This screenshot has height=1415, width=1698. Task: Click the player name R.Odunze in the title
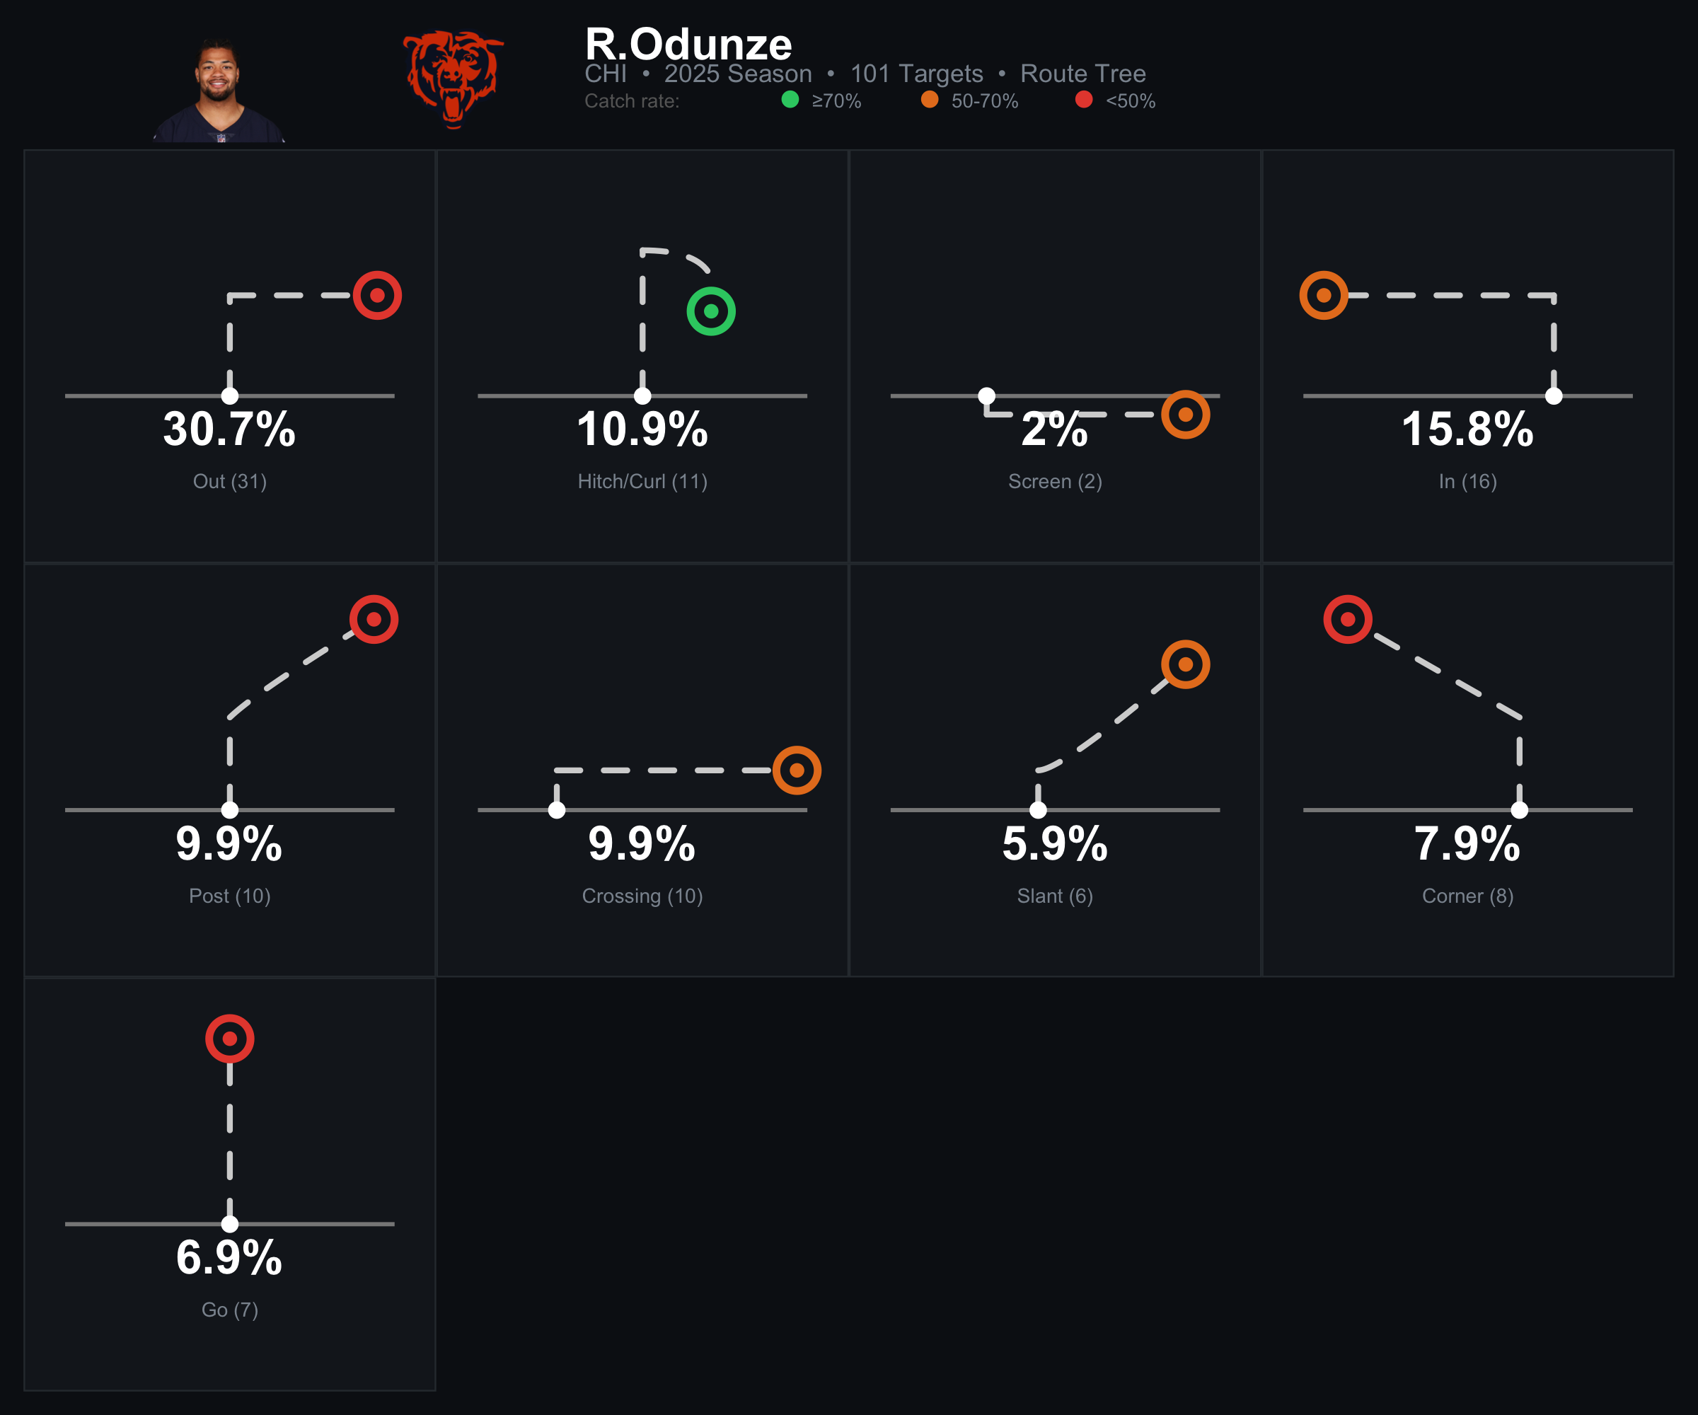point(688,44)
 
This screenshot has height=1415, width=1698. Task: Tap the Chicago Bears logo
point(454,79)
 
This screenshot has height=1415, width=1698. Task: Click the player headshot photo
point(219,91)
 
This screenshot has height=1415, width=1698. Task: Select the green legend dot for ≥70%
point(790,100)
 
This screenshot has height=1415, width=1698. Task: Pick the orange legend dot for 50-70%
point(930,100)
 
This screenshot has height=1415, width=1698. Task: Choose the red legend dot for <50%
point(1085,100)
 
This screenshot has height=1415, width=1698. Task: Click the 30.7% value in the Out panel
point(230,429)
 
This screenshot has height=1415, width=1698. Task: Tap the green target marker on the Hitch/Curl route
point(711,311)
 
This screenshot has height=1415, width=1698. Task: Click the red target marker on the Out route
point(378,296)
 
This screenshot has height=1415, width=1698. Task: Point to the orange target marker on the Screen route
point(1185,415)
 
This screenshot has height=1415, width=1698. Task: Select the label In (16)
point(1467,481)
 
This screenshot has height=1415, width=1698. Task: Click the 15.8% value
point(1467,429)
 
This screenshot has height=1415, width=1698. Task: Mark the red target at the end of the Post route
point(374,619)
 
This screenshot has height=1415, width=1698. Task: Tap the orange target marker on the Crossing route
point(797,770)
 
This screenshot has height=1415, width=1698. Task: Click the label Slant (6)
point(1055,896)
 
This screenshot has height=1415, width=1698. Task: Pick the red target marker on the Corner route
point(1348,619)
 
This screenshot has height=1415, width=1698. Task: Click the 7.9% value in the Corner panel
point(1467,843)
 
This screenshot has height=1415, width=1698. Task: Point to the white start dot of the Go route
point(230,1224)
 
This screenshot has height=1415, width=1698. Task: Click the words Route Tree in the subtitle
point(1082,74)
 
